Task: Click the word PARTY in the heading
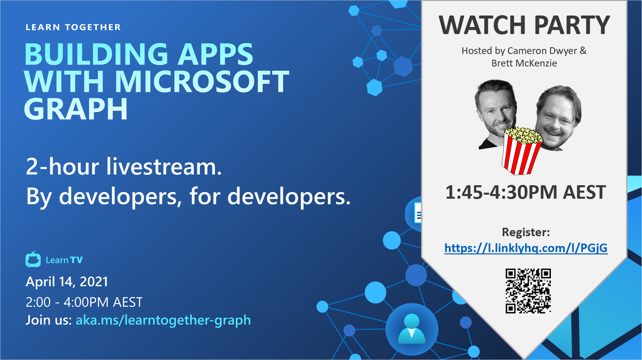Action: [572, 25]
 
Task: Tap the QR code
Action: [528, 291]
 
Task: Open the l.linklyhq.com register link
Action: [526, 248]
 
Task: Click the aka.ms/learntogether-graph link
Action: [163, 320]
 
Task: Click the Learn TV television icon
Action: [33, 260]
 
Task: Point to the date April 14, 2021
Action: [67, 281]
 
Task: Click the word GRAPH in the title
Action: [76, 109]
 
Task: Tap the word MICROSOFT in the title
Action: [202, 82]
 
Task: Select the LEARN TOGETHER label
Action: [73, 27]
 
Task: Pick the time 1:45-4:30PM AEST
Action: [526, 192]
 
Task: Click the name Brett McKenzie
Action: [524, 63]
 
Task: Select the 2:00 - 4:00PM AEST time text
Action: [84, 302]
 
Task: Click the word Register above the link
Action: [525, 232]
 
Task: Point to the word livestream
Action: [164, 166]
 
